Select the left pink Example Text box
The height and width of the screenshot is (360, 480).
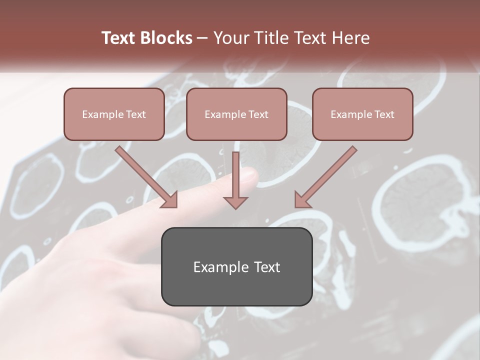click(114, 114)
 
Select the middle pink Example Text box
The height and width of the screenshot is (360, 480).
click(236, 114)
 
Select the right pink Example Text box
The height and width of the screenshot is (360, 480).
click(362, 114)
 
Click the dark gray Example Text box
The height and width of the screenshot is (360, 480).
click(236, 266)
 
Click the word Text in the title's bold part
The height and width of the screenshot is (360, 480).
click(118, 38)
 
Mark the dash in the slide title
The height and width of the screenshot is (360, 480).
click(202, 38)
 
